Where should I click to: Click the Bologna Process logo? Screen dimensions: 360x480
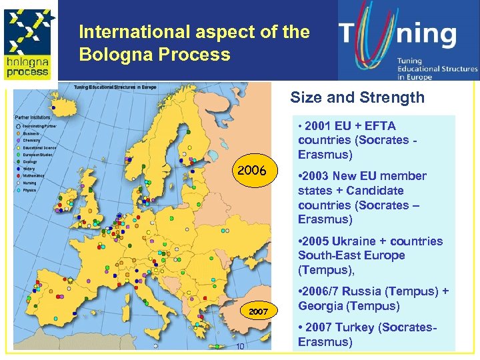[x=27, y=40]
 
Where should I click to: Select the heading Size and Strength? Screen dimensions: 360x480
[x=357, y=98]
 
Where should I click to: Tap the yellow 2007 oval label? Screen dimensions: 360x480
[x=258, y=311]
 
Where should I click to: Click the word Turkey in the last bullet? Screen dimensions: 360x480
[x=359, y=327]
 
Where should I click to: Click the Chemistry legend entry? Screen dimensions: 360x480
[x=32, y=140]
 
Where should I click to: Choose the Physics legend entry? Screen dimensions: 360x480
[x=31, y=190]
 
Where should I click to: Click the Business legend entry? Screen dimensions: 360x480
[x=31, y=133]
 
